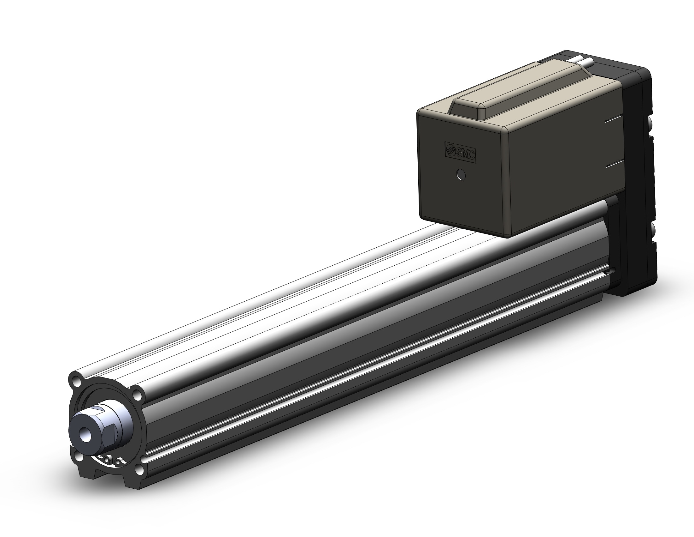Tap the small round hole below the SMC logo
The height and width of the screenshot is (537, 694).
point(461,175)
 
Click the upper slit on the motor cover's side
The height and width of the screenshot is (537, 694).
point(615,119)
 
